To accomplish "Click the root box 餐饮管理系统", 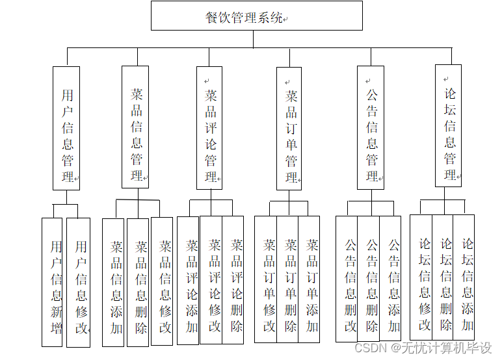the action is [256, 16].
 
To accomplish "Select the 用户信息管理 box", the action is [66, 128].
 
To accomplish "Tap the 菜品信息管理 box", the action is [135, 127].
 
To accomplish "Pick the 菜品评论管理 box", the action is [210, 127].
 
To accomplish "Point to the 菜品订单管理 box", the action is [289, 128].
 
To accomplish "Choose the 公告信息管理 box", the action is [371, 127].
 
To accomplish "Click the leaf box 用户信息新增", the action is [53, 282].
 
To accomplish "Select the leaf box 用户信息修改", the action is [79, 282].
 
